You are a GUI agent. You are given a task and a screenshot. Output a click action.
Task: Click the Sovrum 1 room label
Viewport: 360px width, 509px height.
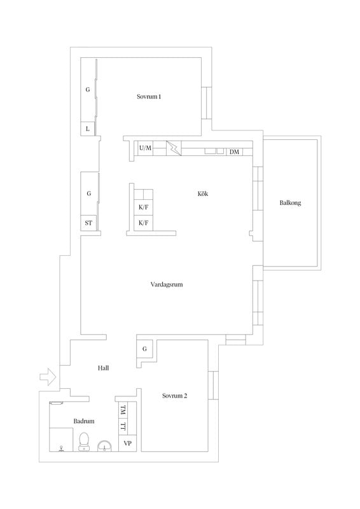click(x=149, y=97)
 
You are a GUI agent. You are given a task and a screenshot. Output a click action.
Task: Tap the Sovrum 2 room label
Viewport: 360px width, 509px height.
click(x=175, y=396)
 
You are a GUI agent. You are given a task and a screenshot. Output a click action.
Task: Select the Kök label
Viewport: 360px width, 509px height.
click(x=203, y=194)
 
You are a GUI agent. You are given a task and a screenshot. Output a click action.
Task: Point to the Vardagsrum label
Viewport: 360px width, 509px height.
click(x=167, y=284)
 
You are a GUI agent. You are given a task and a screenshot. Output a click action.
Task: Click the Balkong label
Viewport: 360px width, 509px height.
click(x=290, y=203)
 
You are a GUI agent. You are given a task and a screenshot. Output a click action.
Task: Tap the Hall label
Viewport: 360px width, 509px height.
click(x=103, y=368)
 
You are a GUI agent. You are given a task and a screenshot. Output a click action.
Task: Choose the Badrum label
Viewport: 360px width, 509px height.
click(x=84, y=421)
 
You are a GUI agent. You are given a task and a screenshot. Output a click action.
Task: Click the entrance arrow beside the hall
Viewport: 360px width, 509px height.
click(x=48, y=377)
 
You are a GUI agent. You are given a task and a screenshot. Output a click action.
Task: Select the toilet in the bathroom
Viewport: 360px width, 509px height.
click(x=84, y=442)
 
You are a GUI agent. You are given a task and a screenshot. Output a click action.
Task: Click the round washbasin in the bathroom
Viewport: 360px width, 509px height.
click(x=104, y=446)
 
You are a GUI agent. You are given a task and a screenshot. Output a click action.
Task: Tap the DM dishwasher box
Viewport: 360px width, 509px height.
click(x=234, y=151)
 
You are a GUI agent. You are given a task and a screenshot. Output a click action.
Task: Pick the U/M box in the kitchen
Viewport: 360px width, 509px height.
click(x=146, y=148)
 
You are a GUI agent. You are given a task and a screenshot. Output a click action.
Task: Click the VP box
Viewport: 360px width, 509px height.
click(x=128, y=443)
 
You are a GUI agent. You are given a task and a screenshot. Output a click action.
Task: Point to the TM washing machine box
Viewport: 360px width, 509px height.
click(x=123, y=410)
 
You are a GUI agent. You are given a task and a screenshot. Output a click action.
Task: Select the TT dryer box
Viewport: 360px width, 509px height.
click(x=123, y=426)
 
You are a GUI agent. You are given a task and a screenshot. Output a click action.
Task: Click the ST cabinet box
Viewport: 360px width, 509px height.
click(x=88, y=223)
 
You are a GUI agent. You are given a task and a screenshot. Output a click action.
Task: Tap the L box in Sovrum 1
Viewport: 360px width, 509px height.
click(x=88, y=129)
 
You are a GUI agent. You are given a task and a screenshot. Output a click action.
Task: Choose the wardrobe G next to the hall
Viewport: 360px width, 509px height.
click(x=144, y=349)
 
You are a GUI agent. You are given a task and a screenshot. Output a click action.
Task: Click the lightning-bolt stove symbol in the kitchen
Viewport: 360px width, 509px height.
click(x=174, y=148)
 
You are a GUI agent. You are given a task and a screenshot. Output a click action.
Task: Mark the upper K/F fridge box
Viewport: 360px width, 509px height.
click(x=144, y=207)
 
